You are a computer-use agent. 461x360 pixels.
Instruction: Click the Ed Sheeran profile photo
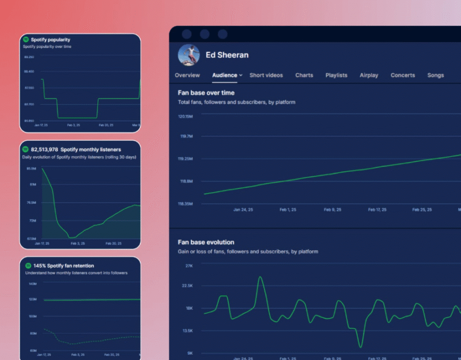[x=189, y=55]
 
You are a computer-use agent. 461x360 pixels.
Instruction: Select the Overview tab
[x=187, y=75]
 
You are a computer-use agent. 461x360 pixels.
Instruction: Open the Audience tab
[x=225, y=75]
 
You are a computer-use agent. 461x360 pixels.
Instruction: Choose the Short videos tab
[x=266, y=75]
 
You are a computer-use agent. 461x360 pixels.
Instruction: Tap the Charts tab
[x=304, y=75]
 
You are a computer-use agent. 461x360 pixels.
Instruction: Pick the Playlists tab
[x=337, y=75]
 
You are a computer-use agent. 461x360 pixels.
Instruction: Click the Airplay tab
[x=369, y=75]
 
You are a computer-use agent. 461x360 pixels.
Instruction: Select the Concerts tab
[x=403, y=75]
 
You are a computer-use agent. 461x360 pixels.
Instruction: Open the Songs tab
[x=436, y=75]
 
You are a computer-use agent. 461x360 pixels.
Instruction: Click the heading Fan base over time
[x=206, y=93]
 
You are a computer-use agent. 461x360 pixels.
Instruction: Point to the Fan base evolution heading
[x=206, y=242]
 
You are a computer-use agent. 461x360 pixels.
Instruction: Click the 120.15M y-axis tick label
[x=185, y=116]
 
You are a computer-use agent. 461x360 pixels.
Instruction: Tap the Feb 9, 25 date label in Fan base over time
[x=333, y=210]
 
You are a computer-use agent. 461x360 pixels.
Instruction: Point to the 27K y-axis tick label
[x=188, y=266]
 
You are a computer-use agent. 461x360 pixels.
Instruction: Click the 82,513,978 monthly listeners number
[x=44, y=150]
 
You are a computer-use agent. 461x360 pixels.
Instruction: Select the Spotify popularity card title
[x=51, y=40]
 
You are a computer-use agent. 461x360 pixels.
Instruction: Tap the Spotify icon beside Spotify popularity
[x=26, y=40]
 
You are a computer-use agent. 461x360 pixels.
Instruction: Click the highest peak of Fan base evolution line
[x=260, y=277]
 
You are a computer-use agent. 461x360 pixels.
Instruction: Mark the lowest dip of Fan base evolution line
[x=360, y=347]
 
